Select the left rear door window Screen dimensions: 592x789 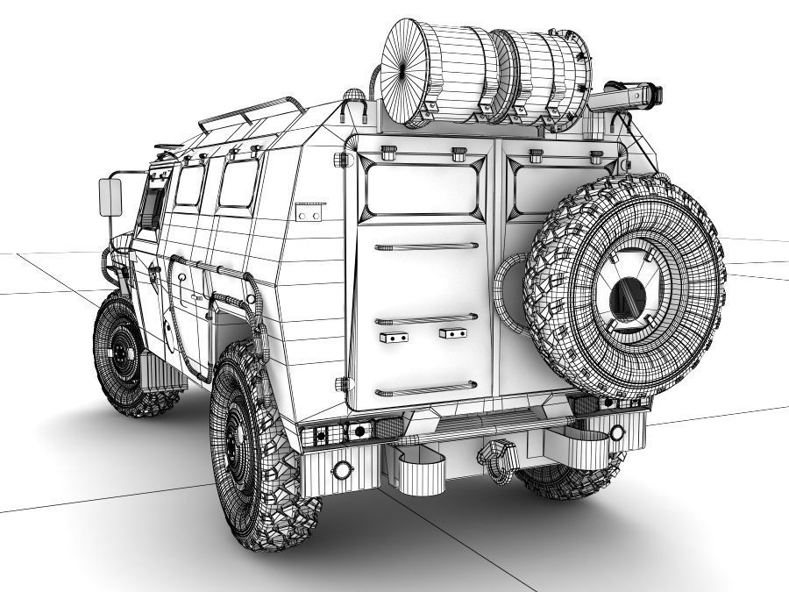pos(423,189)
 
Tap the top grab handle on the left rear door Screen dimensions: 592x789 pos(427,246)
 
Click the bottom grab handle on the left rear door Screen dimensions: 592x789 pos(426,388)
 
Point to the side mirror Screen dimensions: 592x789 pos(110,197)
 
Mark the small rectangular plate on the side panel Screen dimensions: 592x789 pos(310,211)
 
